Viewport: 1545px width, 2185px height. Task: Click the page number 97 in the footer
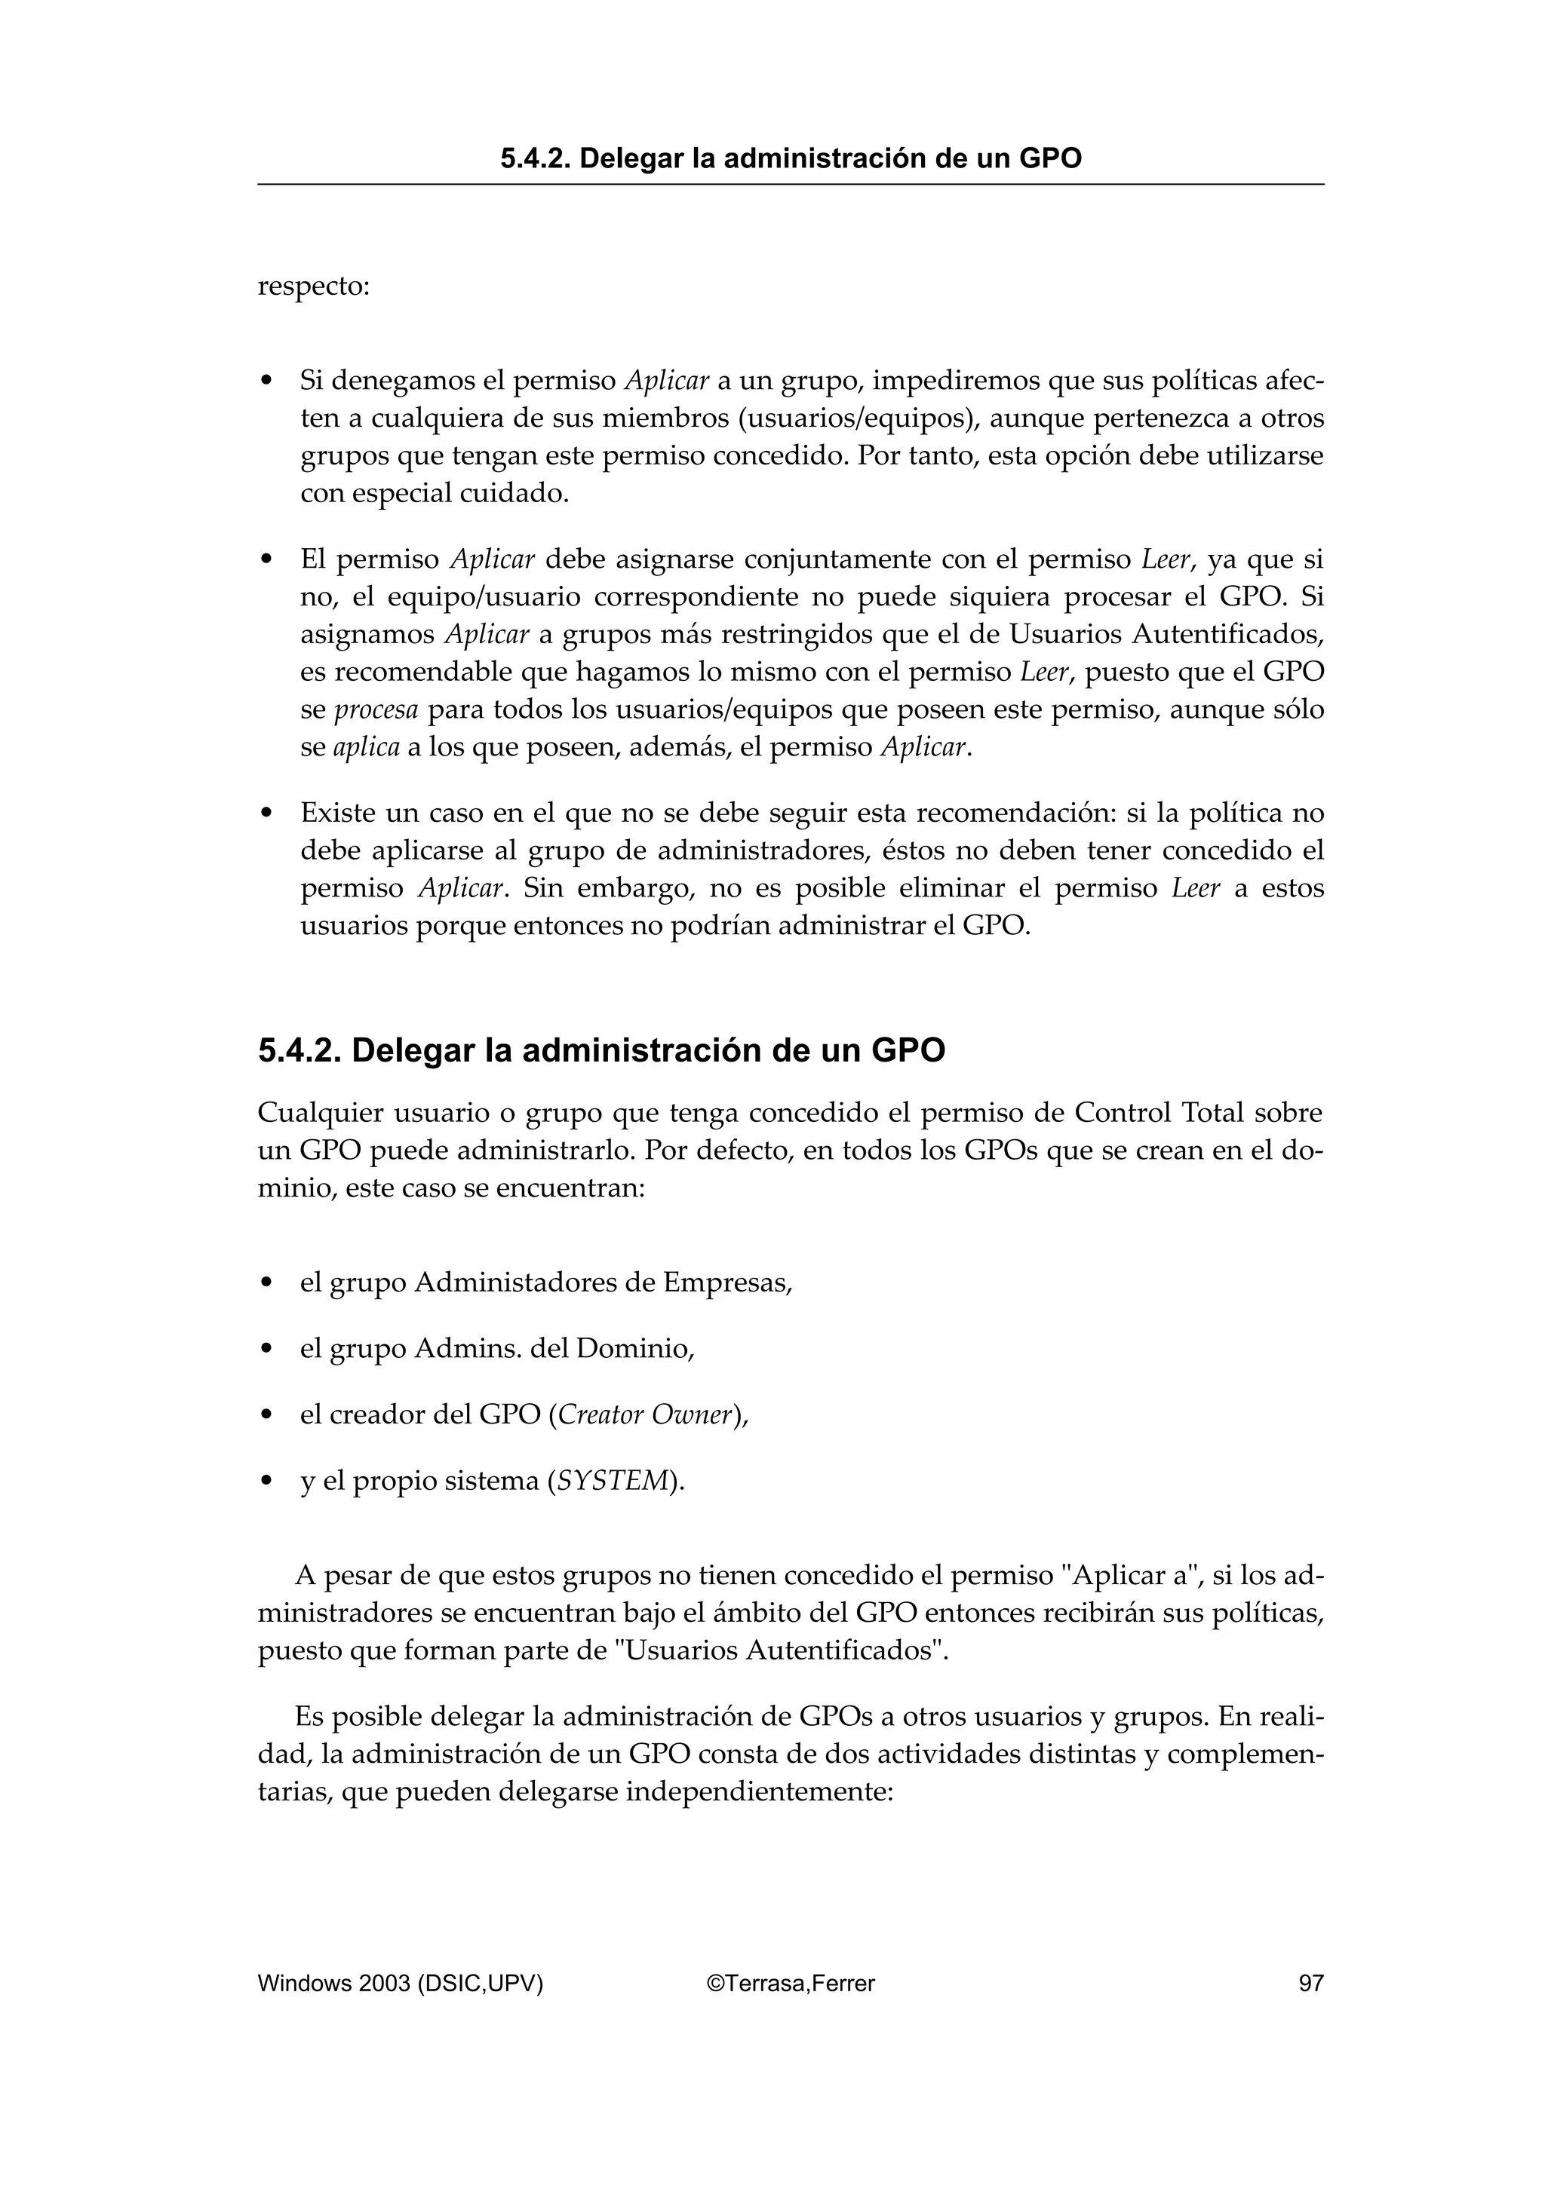[1311, 1983]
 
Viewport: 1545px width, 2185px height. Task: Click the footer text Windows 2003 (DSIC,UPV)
[400, 1983]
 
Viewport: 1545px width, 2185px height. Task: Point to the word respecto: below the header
[313, 287]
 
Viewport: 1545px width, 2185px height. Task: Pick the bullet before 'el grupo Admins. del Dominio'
[268, 1350]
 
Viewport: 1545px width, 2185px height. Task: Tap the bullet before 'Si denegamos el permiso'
[268, 382]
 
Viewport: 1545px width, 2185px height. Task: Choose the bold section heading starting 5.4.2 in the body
[600, 1050]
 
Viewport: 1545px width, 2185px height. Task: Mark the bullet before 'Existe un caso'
[268, 814]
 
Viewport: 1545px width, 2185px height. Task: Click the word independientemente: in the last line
[759, 1792]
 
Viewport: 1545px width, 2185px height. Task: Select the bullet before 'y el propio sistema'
[268, 1482]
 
